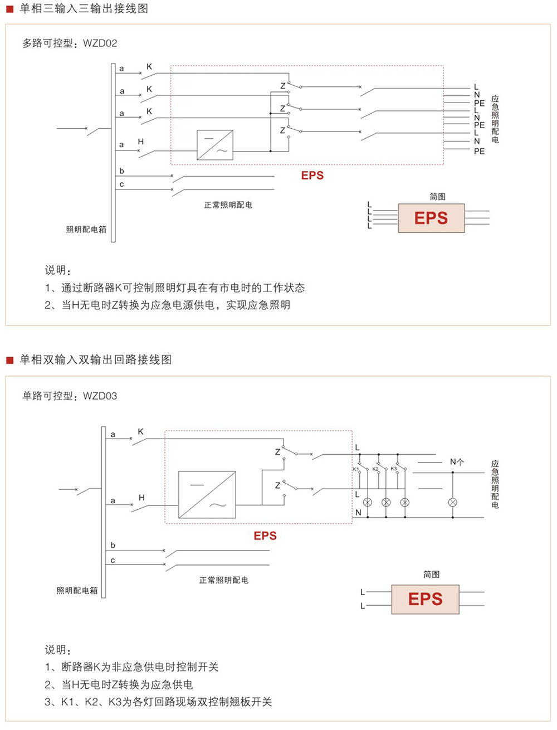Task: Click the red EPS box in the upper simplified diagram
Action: click(431, 218)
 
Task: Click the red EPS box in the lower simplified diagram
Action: click(425, 599)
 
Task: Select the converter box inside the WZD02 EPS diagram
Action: click(215, 145)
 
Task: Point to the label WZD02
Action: click(100, 43)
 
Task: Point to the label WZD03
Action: click(100, 396)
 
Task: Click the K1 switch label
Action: click(356, 469)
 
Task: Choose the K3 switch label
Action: click(394, 469)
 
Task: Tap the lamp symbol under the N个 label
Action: click(453, 503)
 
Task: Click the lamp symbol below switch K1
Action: click(367, 503)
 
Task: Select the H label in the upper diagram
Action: click(141, 142)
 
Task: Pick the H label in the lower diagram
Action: click(141, 498)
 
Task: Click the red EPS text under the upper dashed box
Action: click(312, 176)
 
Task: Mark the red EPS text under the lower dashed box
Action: click(265, 536)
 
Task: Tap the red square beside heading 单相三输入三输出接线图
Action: click(9, 9)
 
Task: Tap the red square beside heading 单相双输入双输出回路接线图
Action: click(9, 360)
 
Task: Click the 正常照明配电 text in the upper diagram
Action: click(228, 205)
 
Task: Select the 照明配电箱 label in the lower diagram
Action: click(77, 591)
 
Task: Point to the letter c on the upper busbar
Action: click(122, 184)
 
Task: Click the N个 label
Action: click(457, 462)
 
